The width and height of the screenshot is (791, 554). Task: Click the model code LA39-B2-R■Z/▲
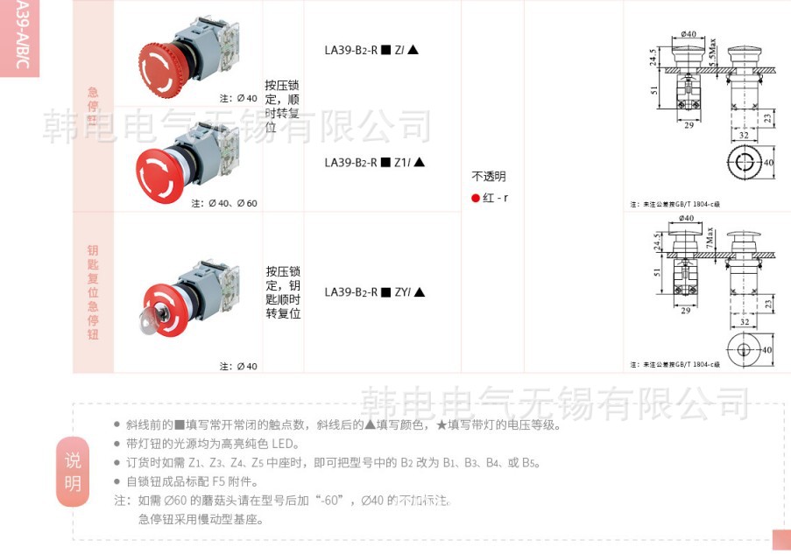tap(371, 51)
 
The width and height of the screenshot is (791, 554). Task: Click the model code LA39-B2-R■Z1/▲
tap(374, 162)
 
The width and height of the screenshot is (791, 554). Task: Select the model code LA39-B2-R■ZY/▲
tap(374, 292)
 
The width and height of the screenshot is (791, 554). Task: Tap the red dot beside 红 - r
tap(476, 198)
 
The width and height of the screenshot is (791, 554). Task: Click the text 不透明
tap(489, 176)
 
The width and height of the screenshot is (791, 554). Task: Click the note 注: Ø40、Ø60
tap(224, 203)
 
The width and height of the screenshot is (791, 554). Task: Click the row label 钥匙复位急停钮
tap(93, 292)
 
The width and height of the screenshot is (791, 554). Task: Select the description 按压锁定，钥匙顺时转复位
tap(283, 292)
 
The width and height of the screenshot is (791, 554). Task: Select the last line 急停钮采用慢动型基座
tap(201, 519)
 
